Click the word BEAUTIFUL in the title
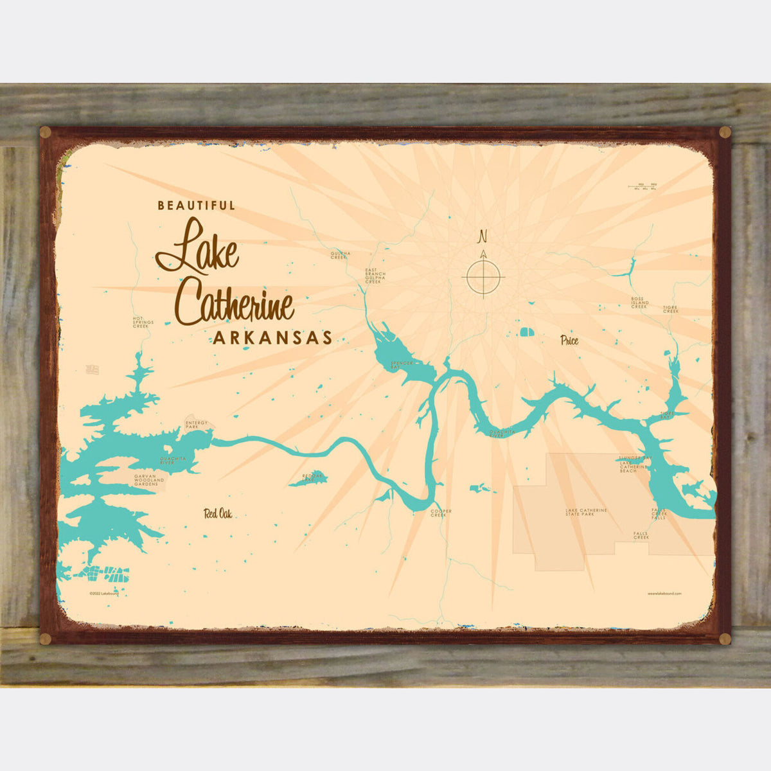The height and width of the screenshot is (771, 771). [197, 206]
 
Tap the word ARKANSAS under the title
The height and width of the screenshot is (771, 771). [272, 338]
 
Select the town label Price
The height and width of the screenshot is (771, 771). [569, 341]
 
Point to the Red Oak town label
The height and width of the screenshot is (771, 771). [218, 513]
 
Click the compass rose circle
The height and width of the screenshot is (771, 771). [483, 278]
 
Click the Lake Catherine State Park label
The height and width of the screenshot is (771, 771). [586, 512]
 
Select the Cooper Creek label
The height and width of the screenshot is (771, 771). [441, 513]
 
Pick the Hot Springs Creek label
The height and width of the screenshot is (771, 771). [141, 322]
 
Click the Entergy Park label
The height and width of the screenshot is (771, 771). [196, 425]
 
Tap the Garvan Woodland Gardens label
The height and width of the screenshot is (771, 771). [149, 479]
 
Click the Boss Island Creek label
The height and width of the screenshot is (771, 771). [639, 303]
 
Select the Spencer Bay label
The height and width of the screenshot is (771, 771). [400, 364]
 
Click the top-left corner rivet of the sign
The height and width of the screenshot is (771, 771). [45, 133]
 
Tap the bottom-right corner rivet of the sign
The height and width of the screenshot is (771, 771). [725, 638]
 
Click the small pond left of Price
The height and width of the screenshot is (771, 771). [526, 332]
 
